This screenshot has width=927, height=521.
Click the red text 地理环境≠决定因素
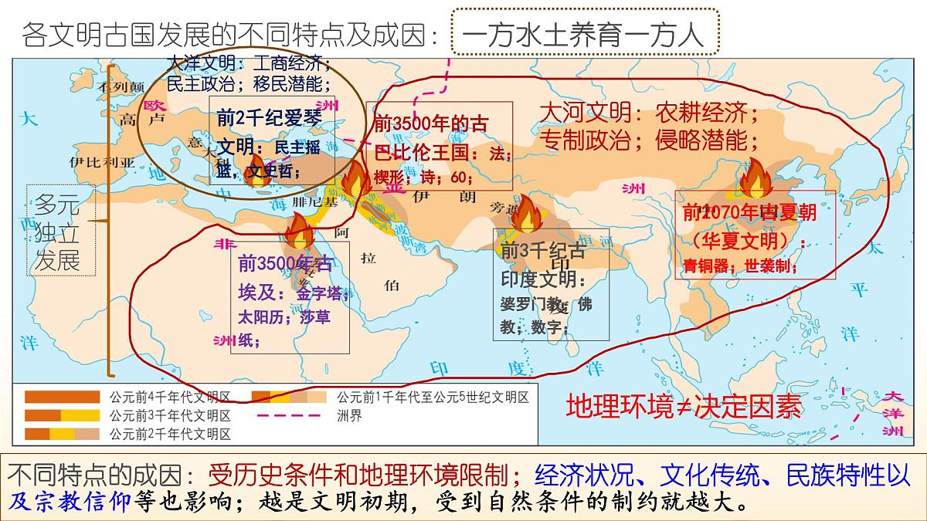[684, 407]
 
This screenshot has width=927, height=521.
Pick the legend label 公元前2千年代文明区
[170, 434]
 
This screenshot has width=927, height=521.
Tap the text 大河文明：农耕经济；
[649, 113]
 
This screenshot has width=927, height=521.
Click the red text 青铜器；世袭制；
[740, 266]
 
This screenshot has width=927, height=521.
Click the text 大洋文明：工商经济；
[250, 62]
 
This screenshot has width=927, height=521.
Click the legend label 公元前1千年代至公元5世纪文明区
[432, 398]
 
